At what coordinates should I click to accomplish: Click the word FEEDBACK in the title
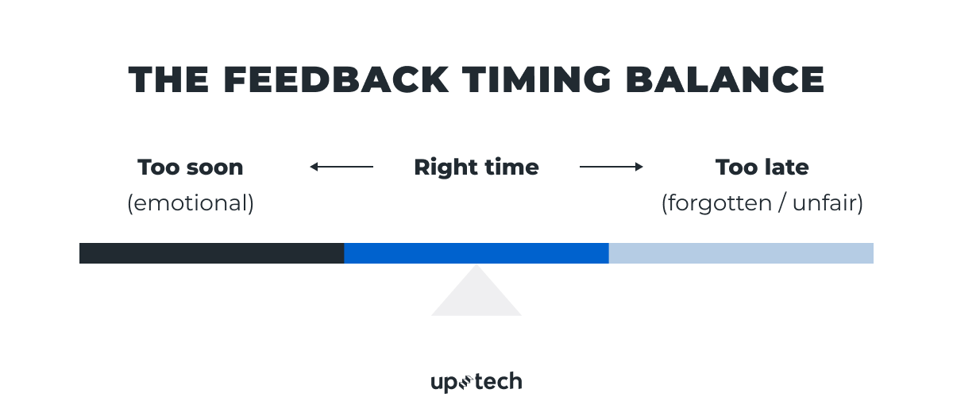click(x=333, y=80)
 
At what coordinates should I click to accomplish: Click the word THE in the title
click(x=168, y=80)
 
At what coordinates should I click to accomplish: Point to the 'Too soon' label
click(x=191, y=168)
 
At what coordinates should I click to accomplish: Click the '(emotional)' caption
click(x=191, y=203)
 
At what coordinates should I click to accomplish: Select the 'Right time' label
click(x=476, y=168)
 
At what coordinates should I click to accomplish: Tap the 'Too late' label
click(x=762, y=168)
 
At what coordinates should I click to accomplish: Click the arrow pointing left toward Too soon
click(x=341, y=167)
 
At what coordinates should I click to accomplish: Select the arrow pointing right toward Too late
click(x=611, y=167)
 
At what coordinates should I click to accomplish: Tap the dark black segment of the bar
click(x=211, y=253)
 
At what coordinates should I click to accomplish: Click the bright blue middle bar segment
click(x=476, y=253)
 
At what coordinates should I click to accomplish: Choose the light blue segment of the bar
click(x=741, y=253)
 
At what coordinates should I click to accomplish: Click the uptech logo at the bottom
click(x=476, y=382)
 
